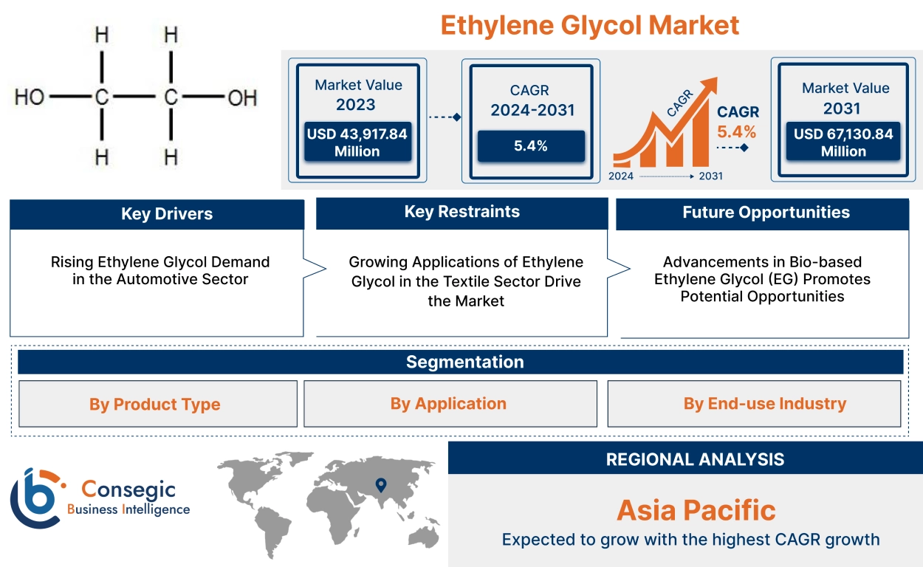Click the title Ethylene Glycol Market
click(589, 25)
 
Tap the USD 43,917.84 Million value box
click(357, 142)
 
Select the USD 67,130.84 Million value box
click(843, 142)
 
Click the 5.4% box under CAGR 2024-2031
click(530, 145)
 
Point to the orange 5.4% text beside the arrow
click(736, 132)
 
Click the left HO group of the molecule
click(30, 97)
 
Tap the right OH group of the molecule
click(241, 97)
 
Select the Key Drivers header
click(157, 214)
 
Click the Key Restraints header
click(461, 212)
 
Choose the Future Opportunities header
click(765, 213)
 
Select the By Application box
click(449, 403)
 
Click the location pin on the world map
click(380, 485)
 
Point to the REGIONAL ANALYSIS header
click(694, 458)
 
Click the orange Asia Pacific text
click(696, 510)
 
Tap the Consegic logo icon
click(37, 498)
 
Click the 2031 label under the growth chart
click(710, 176)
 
